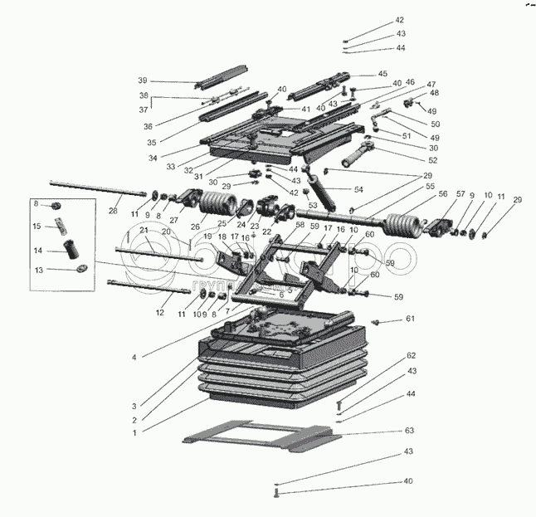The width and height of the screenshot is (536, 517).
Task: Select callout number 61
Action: tap(409, 319)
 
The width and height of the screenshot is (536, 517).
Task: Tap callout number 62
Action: tap(410, 356)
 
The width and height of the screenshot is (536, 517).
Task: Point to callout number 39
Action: tap(143, 80)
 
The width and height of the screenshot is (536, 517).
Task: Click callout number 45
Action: tap(383, 74)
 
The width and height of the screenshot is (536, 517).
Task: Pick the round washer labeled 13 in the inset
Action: tap(80, 269)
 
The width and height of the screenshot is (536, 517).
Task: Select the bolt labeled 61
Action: tap(377, 320)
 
